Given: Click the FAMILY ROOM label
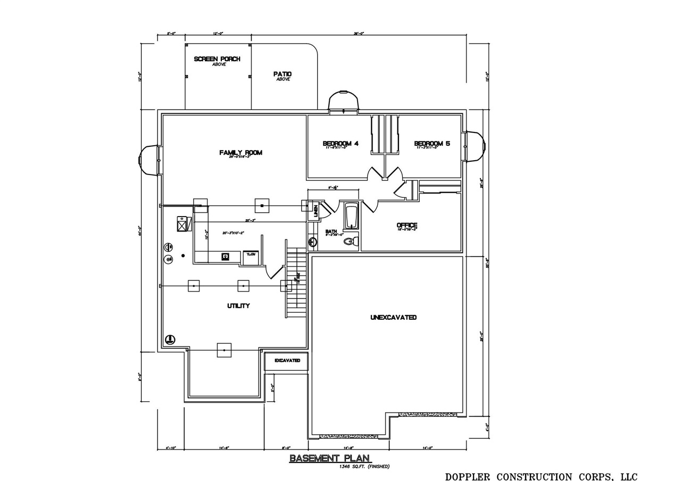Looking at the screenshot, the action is point(240,153).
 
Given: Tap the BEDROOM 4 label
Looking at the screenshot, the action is point(340,144).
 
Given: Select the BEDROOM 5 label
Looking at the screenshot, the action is point(432,144).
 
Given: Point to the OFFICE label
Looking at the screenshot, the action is point(407,226).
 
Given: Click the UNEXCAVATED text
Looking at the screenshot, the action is point(393,318).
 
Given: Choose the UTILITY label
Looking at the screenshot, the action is point(238,306).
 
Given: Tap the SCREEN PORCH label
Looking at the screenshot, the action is point(217,59).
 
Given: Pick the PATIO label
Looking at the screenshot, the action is point(283,74).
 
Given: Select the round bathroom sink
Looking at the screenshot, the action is point(313,243).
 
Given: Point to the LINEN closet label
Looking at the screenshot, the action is point(315,211).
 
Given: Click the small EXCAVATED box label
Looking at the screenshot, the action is point(287,361).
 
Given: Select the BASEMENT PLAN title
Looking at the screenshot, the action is point(330,458).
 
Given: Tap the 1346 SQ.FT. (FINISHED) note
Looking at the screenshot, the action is point(364,467).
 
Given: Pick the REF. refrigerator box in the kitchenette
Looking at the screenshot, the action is point(250,256).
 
